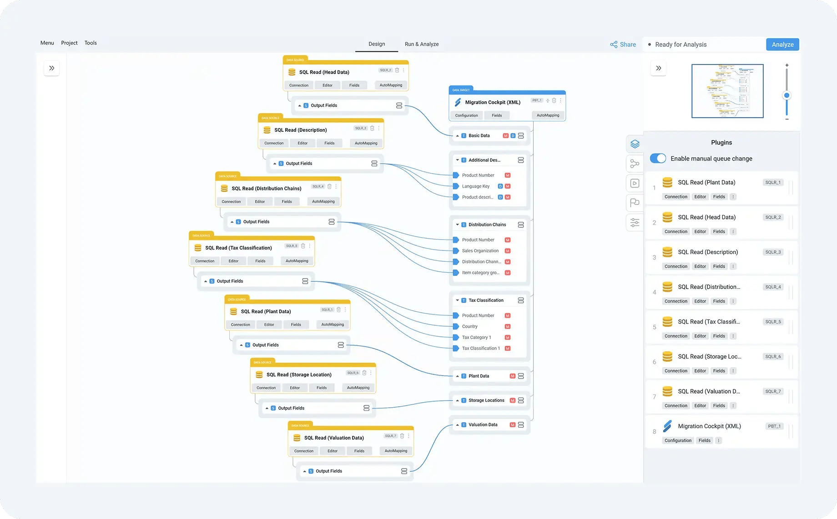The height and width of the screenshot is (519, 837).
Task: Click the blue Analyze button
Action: [782, 45]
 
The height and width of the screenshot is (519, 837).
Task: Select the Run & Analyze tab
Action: [422, 44]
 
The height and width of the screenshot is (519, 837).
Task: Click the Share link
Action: [623, 45]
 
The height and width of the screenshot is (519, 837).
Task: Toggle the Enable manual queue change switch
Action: [658, 159]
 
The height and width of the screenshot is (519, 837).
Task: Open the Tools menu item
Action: [91, 43]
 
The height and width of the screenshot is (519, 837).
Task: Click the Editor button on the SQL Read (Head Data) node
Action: [328, 85]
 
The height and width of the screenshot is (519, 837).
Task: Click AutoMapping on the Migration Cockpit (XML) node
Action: [548, 115]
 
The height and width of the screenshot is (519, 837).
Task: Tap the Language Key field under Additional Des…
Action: [476, 186]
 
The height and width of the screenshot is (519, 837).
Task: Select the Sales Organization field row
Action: [480, 251]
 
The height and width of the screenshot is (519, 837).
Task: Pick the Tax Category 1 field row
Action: [476, 337]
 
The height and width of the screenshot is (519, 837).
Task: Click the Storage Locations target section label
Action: [486, 400]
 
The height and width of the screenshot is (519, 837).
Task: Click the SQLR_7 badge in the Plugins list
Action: [773, 391]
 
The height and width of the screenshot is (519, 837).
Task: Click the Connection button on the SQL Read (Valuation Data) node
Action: [304, 451]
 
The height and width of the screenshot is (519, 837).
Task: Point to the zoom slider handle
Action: [787, 95]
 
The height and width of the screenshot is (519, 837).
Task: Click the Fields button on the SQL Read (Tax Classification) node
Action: [260, 261]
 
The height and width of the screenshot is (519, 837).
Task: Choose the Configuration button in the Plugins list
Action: [678, 440]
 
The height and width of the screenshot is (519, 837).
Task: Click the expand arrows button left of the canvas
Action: [52, 68]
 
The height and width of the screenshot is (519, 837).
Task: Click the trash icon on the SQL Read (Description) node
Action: [372, 128]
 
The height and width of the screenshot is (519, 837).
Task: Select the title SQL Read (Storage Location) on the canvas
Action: [299, 375]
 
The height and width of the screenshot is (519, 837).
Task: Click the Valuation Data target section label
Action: [483, 425]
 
